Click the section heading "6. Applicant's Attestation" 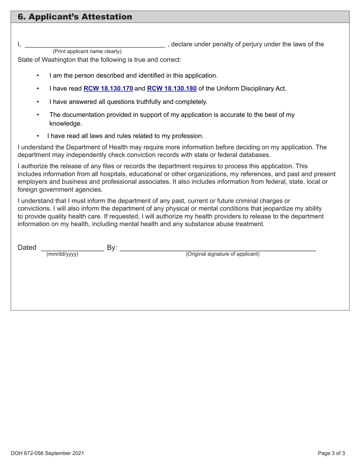pyautogui.click(x=75, y=17)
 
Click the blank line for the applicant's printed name pyautogui.click(x=95, y=45)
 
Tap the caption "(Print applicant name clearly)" pyautogui.click(x=87, y=52)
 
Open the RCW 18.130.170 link pyautogui.click(x=108, y=89)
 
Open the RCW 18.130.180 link pyautogui.click(x=172, y=89)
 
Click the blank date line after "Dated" pyautogui.click(x=72, y=248)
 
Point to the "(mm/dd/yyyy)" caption pyautogui.click(x=62, y=254)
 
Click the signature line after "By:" pyautogui.click(x=218, y=248)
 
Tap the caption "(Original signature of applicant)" pyautogui.click(x=222, y=254)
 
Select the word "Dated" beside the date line pyautogui.click(x=27, y=248)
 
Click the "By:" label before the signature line pyautogui.click(x=112, y=248)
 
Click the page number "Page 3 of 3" pyautogui.click(x=332, y=453)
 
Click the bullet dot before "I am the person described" pyautogui.click(x=38, y=75)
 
